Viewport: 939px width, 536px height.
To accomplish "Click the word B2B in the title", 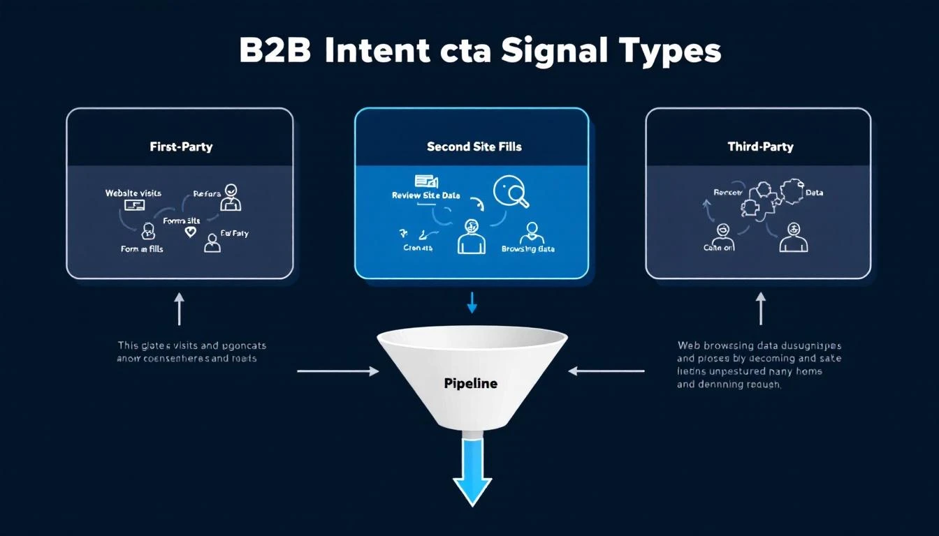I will (x=275, y=52).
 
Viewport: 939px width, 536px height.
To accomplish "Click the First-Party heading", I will (x=181, y=147).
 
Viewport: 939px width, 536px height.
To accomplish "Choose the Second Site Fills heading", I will (x=474, y=147).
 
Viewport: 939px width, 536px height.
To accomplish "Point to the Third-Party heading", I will (x=760, y=147).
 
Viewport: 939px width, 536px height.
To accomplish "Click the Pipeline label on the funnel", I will (x=471, y=383).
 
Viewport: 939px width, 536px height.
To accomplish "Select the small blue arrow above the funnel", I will (x=472, y=302).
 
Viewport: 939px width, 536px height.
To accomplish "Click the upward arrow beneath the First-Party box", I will (x=180, y=308).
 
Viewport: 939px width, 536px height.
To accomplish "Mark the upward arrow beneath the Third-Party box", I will (x=761, y=308).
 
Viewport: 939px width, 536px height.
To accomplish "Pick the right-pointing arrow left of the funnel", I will (x=337, y=371).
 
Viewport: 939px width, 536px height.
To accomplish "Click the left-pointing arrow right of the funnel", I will (x=606, y=371).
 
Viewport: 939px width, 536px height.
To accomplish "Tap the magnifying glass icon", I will (x=511, y=193).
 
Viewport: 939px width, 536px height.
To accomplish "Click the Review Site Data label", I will (x=426, y=195).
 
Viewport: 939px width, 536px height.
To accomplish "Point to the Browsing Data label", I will (x=527, y=248).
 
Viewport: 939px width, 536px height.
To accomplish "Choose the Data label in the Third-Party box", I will (x=814, y=192).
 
